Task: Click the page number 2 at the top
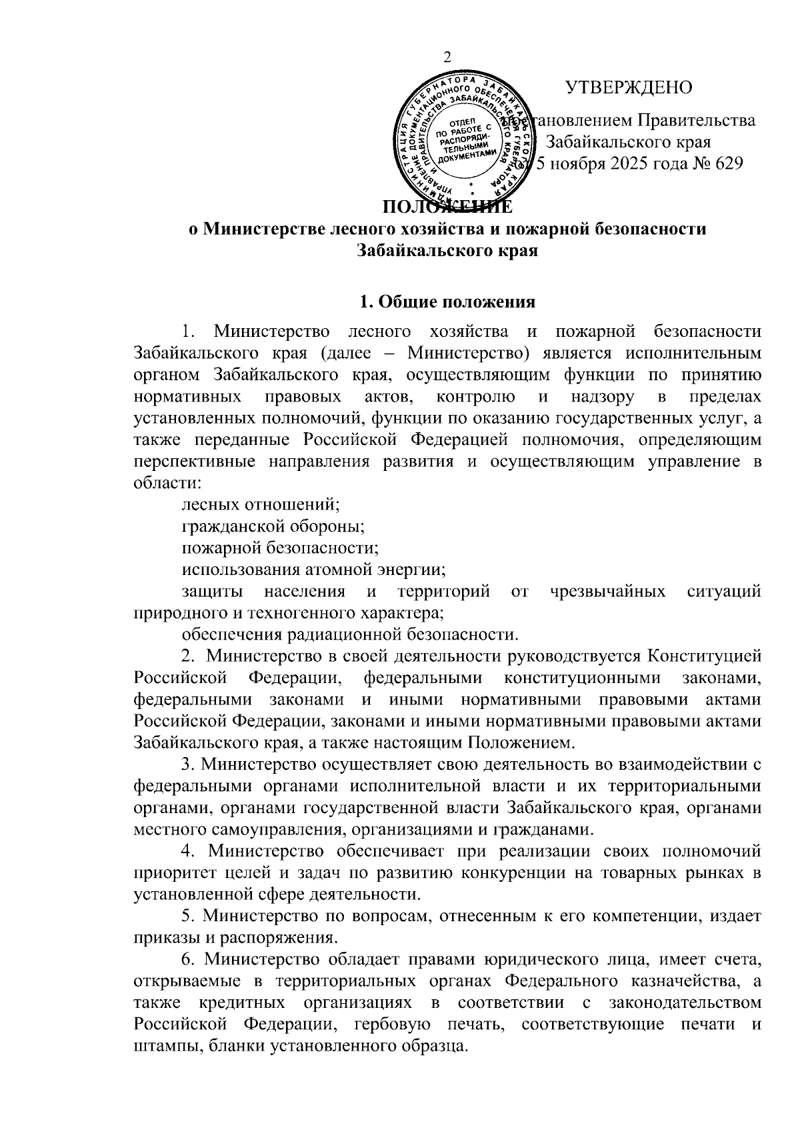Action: pos(447,57)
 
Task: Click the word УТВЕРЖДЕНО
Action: pos(628,87)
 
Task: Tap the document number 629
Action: pos(728,163)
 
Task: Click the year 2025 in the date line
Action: pos(623,163)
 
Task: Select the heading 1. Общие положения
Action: pos(447,302)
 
